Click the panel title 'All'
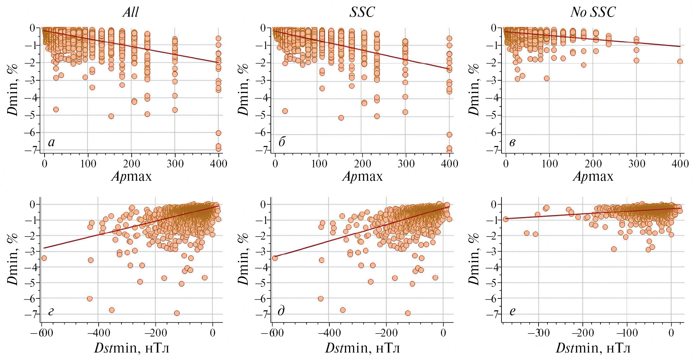click(131, 12)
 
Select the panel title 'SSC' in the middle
click(362, 12)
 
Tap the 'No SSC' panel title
click(593, 12)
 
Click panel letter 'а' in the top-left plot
click(51, 142)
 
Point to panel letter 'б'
click(282, 142)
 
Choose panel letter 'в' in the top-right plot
click(512, 142)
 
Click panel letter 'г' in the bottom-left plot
click(51, 311)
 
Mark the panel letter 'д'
click(281, 311)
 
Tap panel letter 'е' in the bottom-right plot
click(512, 311)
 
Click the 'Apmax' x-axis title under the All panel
click(132, 176)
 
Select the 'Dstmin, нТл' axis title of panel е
click(593, 348)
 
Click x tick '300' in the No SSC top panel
click(637, 164)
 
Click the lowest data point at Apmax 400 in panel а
click(218, 149)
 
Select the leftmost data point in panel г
click(44, 258)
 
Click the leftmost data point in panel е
click(506, 219)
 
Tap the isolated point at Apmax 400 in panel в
click(680, 62)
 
